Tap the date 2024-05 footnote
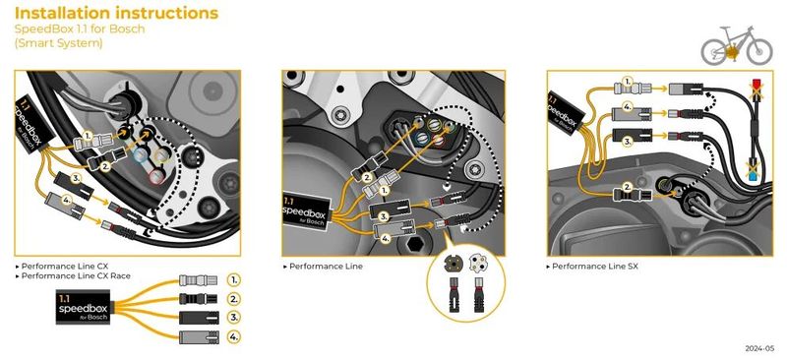[x=759, y=348]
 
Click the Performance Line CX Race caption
[x=76, y=275]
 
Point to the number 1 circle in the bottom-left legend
[x=233, y=279]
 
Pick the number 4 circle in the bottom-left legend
[x=233, y=336]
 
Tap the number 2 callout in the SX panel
[x=627, y=186]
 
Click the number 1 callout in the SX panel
[x=627, y=82]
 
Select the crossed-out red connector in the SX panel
[x=756, y=90]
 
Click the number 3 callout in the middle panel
[x=384, y=217]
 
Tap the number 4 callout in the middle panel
[x=386, y=239]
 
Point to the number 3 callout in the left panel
[x=75, y=178]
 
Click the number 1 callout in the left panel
[x=88, y=136]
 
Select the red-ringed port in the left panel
[x=156, y=176]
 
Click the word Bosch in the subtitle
[x=127, y=29]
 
